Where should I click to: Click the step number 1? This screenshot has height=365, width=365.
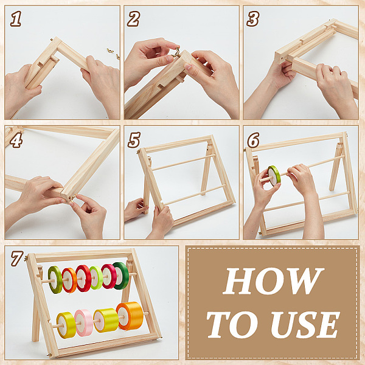pos(16,19)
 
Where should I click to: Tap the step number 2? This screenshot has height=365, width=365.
pos(133,19)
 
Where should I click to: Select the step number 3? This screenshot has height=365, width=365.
pos(253,19)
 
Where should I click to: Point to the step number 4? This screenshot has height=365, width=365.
pos(16,140)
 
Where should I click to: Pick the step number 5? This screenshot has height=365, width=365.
pos(134,140)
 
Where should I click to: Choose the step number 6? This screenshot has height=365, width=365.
pos(253,140)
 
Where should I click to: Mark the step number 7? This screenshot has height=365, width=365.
pos(17,258)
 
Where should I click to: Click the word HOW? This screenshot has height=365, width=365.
pos(273,281)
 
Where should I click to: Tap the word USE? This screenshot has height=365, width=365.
pos(305,324)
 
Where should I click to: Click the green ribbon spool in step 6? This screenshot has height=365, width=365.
pos(274,176)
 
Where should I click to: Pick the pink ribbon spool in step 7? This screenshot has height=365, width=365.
pos(83,322)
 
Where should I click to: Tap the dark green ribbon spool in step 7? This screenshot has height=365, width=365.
pos(121,276)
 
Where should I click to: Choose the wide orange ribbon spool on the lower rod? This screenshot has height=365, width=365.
pos(130,316)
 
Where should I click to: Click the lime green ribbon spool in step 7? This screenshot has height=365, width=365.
pos(96,278)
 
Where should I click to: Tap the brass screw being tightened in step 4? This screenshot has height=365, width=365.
pos(72,198)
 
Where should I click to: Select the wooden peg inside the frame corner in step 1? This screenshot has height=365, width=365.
pos(54,58)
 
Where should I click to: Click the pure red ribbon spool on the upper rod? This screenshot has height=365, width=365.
pos(83,278)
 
